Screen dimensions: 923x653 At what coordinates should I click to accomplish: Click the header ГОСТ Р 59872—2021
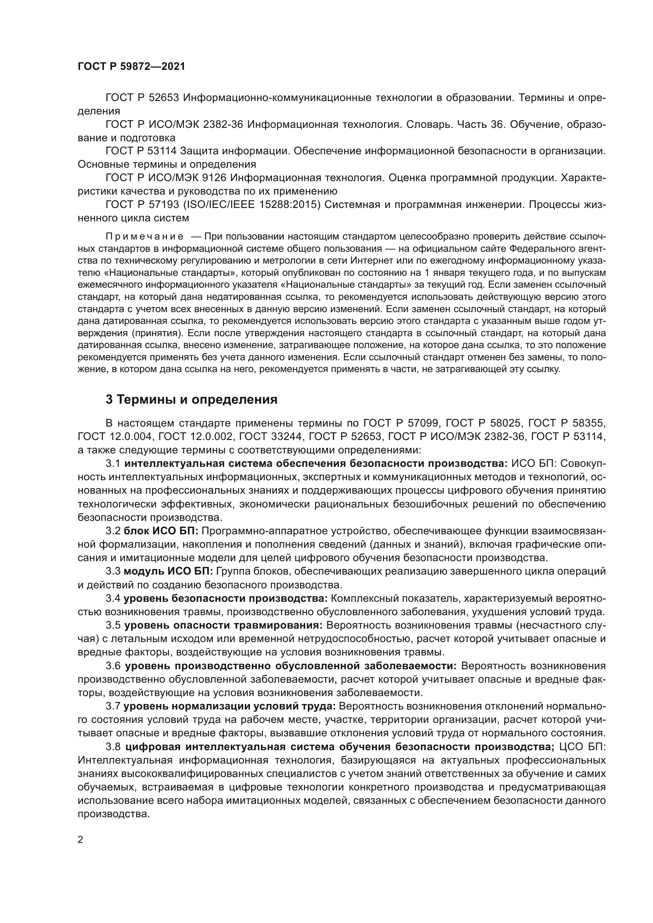click(x=131, y=67)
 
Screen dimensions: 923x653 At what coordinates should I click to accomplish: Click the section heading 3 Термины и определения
click(x=191, y=400)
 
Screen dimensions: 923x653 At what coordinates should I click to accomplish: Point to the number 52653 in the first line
click(x=164, y=98)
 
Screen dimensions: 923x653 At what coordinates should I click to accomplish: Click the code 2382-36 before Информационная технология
click(x=223, y=125)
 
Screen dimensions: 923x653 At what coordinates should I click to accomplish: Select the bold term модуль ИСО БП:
click(x=168, y=571)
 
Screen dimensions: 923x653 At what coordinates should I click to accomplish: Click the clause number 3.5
click(x=113, y=625)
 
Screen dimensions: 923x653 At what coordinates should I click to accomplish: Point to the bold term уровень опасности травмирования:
click(x=223, y=625)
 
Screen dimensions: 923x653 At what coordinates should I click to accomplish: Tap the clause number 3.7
click(x=113, y=706)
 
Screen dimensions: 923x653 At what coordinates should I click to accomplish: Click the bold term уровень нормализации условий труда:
click(x=230, y=706)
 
